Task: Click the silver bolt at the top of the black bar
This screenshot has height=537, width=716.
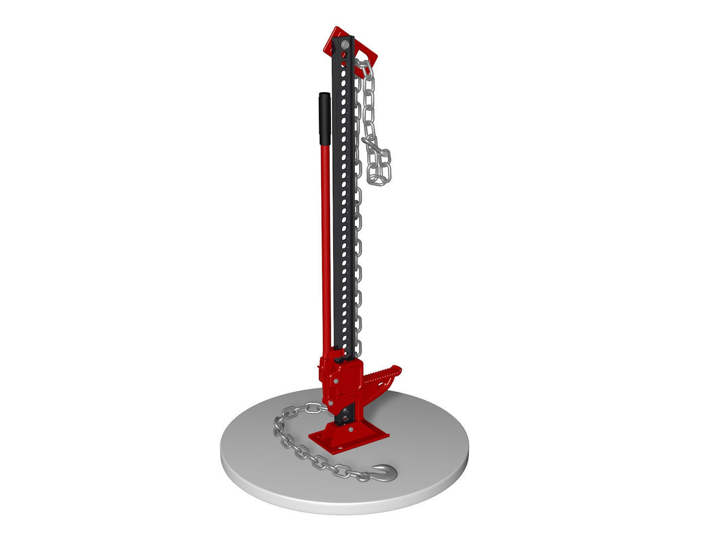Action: point(344,45)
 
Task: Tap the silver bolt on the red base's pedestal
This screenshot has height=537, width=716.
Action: point(350,429)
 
